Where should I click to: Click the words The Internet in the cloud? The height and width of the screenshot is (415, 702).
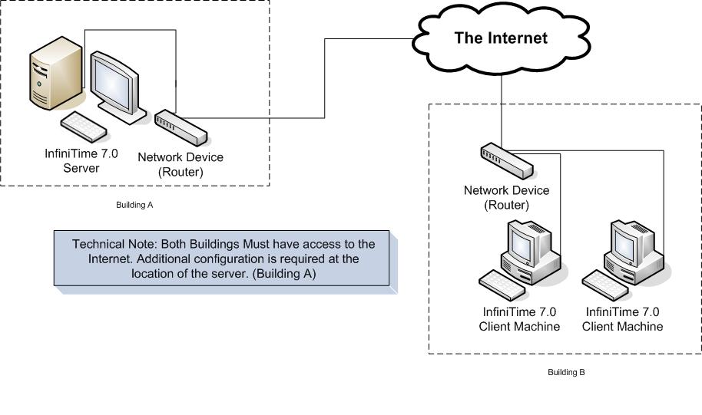(x=501, y=38)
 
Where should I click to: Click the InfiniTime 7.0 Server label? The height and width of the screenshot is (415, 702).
(x=81, y=160)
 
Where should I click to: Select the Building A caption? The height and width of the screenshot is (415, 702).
(x=134, y=206)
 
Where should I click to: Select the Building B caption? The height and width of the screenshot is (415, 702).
(x=566, y=373)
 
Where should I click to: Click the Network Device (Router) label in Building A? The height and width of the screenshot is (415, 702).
(x=180, y=164)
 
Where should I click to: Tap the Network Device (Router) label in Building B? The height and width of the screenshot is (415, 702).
(x=507, y=198)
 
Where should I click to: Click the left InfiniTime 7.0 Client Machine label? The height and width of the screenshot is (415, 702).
(x=519, y=319)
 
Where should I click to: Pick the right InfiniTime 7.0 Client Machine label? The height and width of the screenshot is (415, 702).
(x=622, y=319)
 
